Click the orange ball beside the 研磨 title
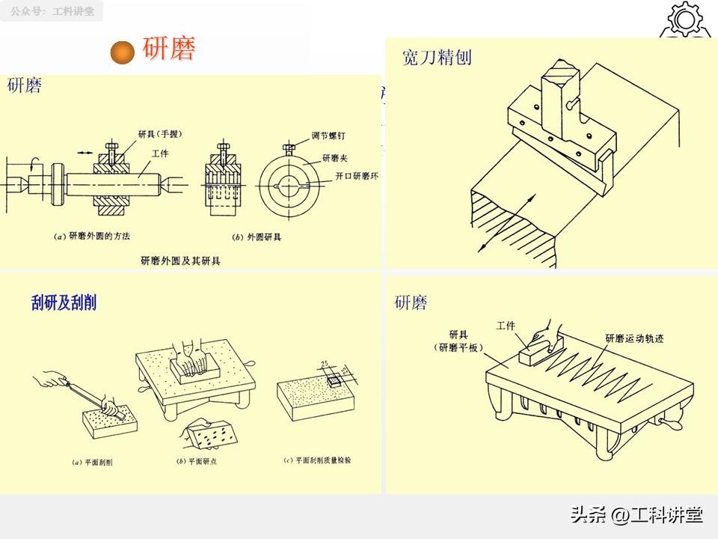(x=123, y=52)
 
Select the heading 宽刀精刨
(x=437, y=58)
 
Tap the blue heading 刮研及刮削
(x=64, y=302)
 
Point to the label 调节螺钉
(x=328, y=136)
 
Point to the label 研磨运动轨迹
(x=634, y=338)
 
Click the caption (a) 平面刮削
(x=92, y=462)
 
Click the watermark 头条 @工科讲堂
(x=636, y=515)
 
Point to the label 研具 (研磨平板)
(x=458, y=341)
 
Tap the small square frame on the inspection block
(x=334, y=381)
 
